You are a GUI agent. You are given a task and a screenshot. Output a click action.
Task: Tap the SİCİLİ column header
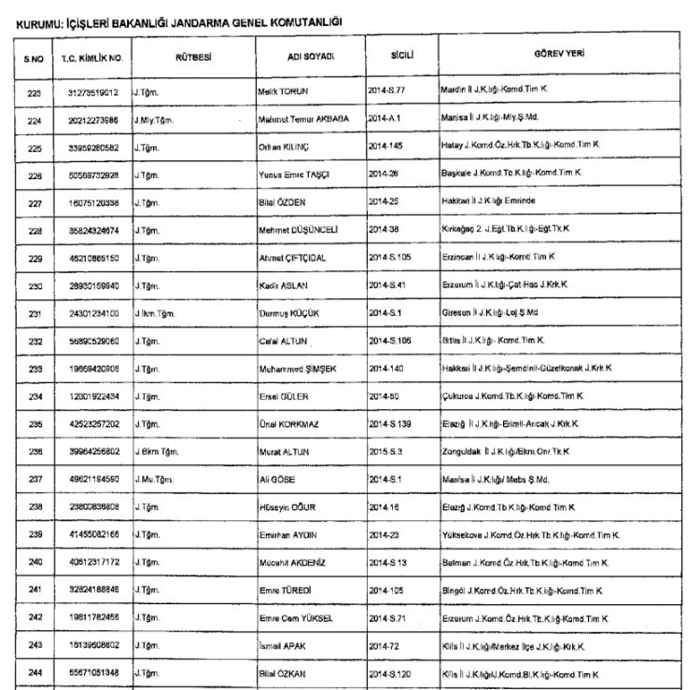[x=403, y=56]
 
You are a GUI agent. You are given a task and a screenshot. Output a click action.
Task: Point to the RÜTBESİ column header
[x=192, y=57]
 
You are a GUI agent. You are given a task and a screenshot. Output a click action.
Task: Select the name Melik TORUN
[x=283, y=93]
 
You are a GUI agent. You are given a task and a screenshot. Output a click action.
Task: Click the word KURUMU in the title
[x=34, y=17]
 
